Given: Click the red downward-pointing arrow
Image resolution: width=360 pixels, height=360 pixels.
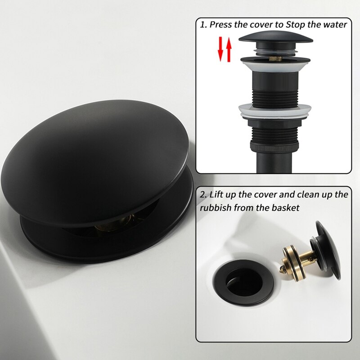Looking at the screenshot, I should (221, 50).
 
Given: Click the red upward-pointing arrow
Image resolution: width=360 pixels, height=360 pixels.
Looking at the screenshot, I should (229, 50).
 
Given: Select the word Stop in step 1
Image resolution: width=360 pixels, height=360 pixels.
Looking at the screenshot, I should (293, 25).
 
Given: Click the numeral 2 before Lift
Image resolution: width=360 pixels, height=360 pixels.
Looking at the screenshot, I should (203, 195).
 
